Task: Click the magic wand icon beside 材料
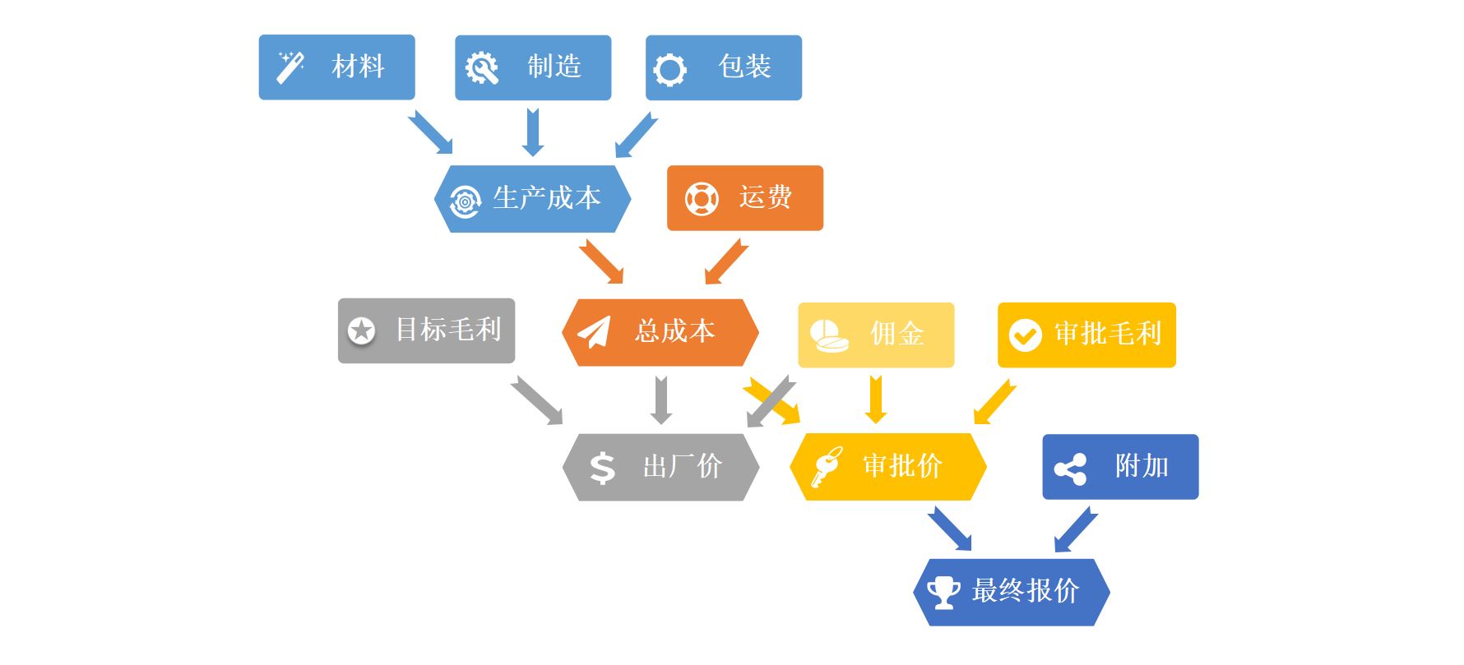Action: [290, 67]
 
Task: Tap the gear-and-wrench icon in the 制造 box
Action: [482, 68]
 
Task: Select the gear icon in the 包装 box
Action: [669, 70]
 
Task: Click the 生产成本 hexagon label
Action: [547, 198]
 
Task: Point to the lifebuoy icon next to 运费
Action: [702, 199]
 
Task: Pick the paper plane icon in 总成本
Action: [594, 332]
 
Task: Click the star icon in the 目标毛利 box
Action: [361, 330]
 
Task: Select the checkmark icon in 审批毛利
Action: [1025, 335]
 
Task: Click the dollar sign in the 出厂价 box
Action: [602, 468]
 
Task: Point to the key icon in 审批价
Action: [826, 466]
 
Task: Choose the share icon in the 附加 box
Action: [1070, 469]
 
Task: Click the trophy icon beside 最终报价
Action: [943, 592]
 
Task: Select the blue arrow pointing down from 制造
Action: [533, 132]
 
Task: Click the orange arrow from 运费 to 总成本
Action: [725, 262]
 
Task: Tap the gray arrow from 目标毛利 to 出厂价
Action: [537, 400]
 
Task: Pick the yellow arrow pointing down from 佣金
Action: [876, 399]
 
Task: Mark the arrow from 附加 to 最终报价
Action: [1076, 529]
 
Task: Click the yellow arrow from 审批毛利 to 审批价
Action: [994, 402]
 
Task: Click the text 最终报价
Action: [1025, 591]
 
